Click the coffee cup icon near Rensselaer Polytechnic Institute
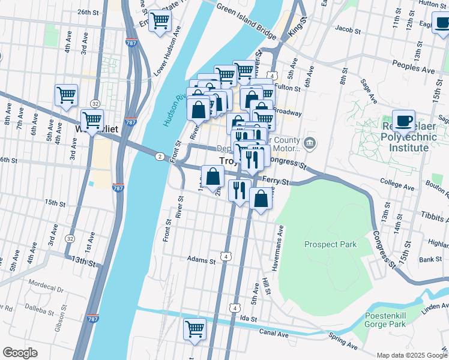pyautogui.click(x=403, y=120)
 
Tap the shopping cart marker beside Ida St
pyautogui.click(x=194, y=329)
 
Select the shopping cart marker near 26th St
pyautogui.click(x=160, y=21)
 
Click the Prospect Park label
pyautogui.click(x=330, y=244)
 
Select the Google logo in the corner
pyautogui.click(x=20, y=353)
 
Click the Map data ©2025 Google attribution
pyautogui.click(x=411, y=355)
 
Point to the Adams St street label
pyautogui.click(x=200, y=260)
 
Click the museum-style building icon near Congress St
pyautogui.click(x=309, y=143)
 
